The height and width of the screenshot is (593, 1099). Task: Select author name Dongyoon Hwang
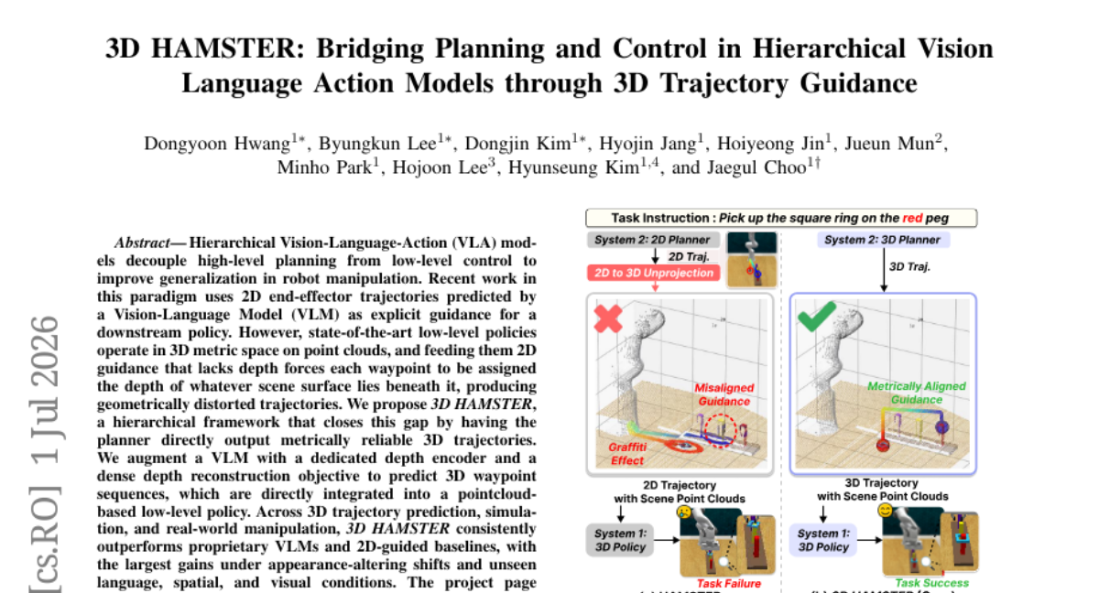pos(217,144)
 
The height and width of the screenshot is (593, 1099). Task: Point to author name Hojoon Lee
pos(440,167)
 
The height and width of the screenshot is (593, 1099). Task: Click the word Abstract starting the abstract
pos(142,243)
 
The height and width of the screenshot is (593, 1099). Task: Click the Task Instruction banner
pos(781,218)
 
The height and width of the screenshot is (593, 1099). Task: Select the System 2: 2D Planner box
pos(653,240)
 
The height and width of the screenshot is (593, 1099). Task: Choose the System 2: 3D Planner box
pos(883,240)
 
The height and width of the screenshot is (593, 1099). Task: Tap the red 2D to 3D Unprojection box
pos(654,273)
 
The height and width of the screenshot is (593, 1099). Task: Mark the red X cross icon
pos(608,318)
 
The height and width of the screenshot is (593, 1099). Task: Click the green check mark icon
pos(816,316)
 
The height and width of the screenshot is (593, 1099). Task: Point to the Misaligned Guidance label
pos(724,394)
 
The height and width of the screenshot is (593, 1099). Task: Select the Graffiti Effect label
pos(627,454)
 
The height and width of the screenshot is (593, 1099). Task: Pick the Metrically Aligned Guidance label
pos(917,394)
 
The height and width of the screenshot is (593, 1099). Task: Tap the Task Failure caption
pos(729,584)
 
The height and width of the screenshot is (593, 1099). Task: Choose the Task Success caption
pos(931,583)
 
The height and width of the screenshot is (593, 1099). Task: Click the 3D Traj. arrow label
pos(909,267)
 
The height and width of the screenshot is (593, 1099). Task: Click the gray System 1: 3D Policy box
pos(620,540)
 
